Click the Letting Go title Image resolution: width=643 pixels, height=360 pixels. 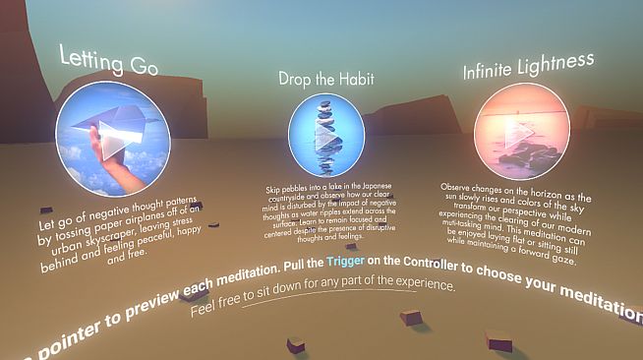pos(109,61)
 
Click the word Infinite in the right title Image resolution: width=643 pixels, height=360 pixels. pos(492,72)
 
